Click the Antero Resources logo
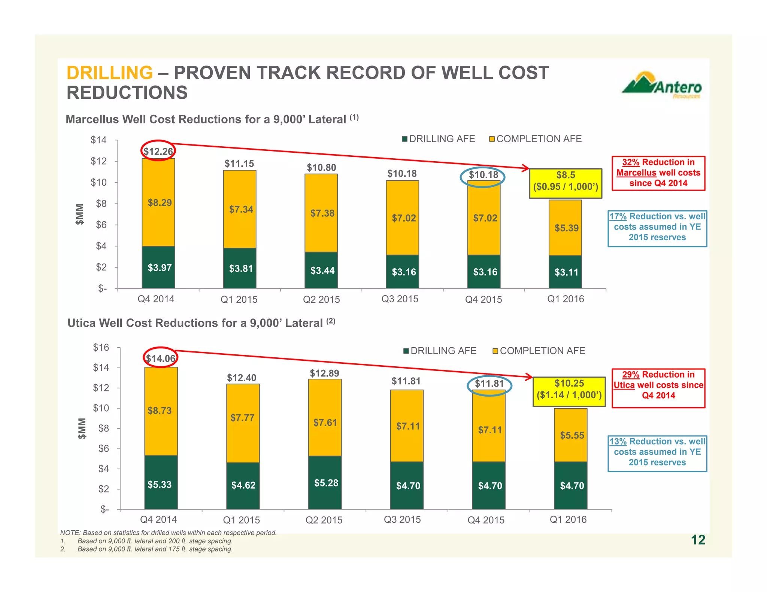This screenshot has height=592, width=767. coord(662,86)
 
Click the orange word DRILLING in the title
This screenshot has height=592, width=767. coord(109,73)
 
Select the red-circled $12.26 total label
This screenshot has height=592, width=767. coord(158,151)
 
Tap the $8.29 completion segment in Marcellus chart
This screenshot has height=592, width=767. coord(159,203)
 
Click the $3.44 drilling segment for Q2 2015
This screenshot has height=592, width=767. coord(322,270)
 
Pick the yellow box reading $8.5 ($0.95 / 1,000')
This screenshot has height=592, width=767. coord(565,183)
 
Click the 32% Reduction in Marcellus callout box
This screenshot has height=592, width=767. coord(658,173)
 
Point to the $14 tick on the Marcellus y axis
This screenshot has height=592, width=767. coord(99,140)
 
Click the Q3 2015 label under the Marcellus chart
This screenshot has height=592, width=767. coord(400,299)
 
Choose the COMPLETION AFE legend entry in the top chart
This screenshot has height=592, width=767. coord(535,139)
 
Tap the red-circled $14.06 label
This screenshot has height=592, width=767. coord(160,358)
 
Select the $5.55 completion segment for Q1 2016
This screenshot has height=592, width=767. coord(572,435)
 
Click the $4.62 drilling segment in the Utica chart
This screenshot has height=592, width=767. coord(243,485)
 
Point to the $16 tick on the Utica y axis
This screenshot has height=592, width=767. coord(101,348)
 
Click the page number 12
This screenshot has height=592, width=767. coord(698,540)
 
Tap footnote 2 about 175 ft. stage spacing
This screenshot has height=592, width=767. coord(154,549)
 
